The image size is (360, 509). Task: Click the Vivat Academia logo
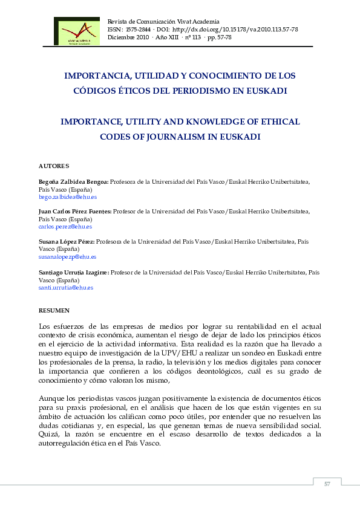77,31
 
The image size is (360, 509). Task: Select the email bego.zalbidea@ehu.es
68,197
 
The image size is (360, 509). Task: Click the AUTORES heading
54,166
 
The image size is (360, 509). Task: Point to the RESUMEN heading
54,311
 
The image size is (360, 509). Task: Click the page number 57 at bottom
327,484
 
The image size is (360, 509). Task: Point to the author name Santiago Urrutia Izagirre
74,273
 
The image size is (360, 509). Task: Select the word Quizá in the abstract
49,434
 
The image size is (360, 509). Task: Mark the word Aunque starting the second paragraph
53,399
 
